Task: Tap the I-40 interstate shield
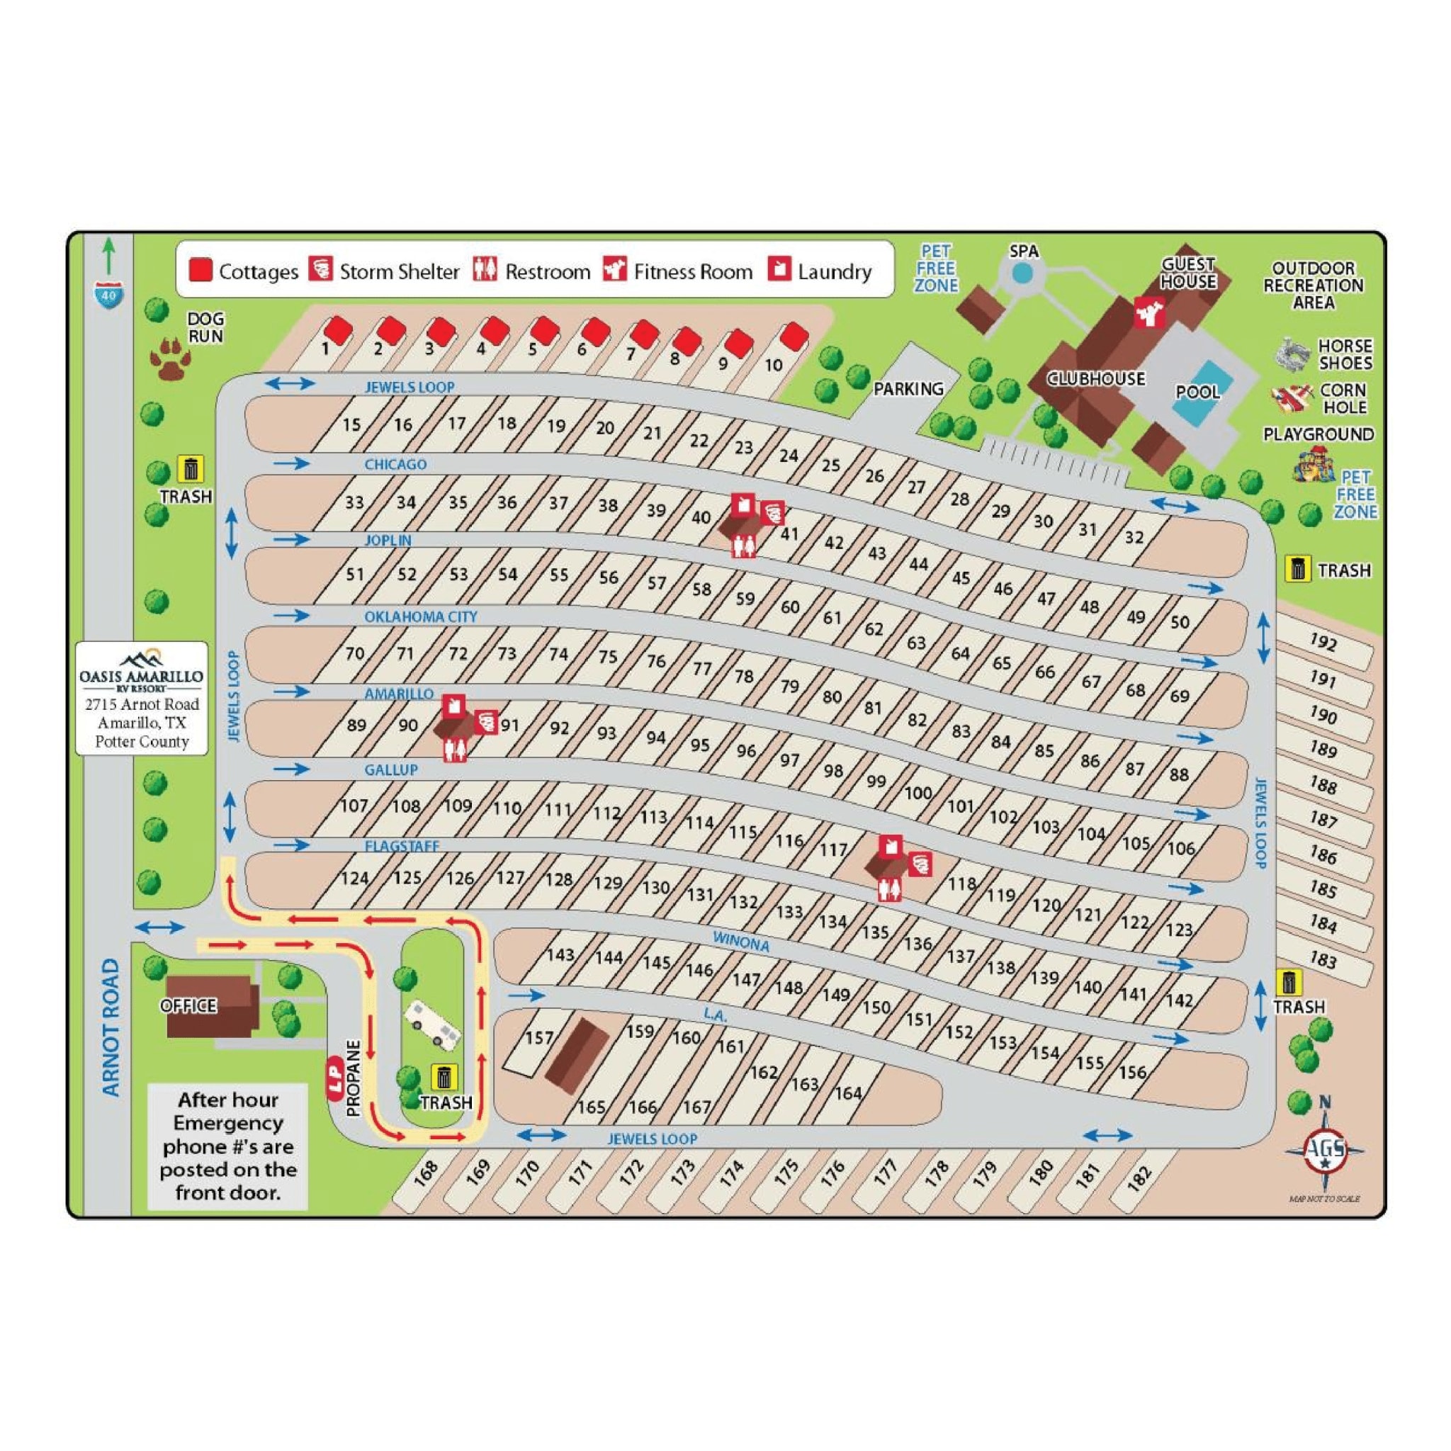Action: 110,295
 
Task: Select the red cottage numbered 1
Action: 338,329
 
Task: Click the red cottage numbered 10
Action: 794,336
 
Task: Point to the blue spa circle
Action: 1021,274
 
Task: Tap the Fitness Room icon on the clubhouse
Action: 1150,312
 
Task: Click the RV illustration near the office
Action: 433,1024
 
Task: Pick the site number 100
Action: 918,793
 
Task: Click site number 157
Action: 539,1038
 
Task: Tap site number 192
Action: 1323,642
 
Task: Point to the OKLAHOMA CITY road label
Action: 421,616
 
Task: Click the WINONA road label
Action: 740,942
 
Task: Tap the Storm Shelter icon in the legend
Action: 321,269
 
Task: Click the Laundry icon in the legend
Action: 779,268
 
